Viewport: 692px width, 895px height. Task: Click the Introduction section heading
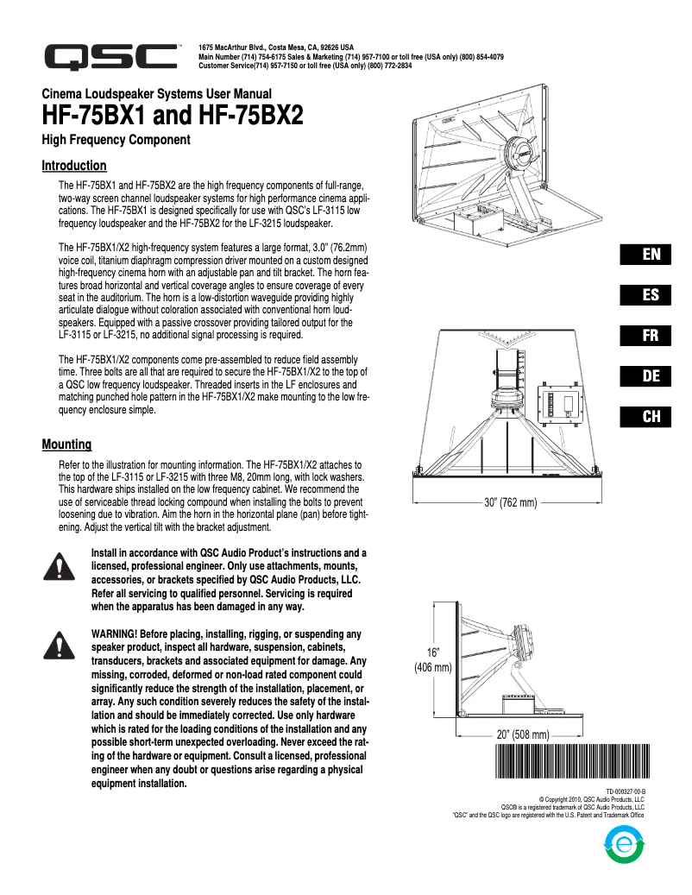pos(74,166)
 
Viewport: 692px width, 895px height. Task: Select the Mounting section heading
pos(66,444)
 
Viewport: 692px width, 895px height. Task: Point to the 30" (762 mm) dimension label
pos(510,502)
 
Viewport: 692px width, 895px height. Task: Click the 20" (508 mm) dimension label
pos(523,734)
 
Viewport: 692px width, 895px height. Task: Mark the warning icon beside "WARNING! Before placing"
pos(56,644)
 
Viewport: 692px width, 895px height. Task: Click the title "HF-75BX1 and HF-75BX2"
pos(173,116)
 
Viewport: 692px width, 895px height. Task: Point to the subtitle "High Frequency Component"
pos(116,139)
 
